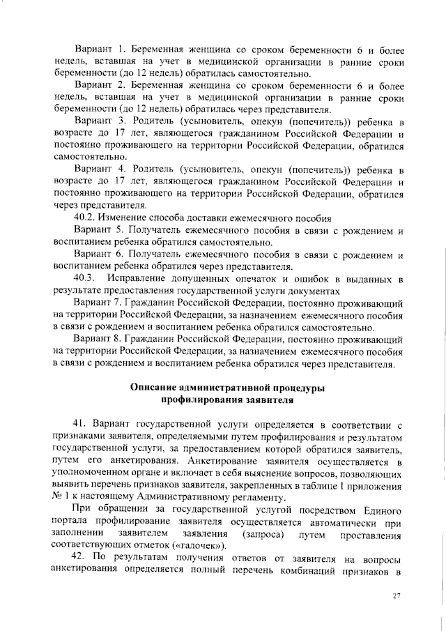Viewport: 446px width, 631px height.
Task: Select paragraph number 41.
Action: pyautogui.click(x=80, y=423)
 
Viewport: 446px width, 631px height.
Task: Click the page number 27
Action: pyautogui.click(x=397, y=595)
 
